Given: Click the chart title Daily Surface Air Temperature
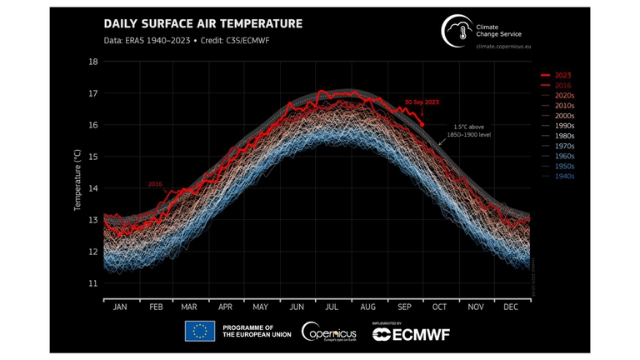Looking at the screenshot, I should point(202,24).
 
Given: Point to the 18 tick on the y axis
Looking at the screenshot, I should point(92,62).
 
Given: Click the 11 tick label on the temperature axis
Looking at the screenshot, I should point(92,283).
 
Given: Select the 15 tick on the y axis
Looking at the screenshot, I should point(92,157).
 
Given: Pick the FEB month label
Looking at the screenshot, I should point(156,307).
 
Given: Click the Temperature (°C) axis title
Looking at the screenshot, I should point(77,180).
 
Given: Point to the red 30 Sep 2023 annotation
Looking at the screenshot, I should point(421,102).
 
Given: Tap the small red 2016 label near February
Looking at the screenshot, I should point(155,184).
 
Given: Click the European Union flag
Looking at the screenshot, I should point(200,332).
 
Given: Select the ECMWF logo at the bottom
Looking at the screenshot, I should point(411,333).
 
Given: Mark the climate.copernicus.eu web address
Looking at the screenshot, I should point(503,47).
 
